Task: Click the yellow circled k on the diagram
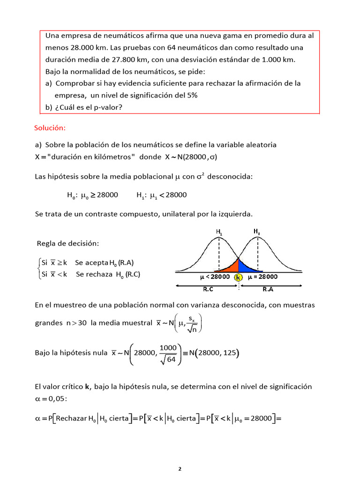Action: (239, 277)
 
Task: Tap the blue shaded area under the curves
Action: (247, 268)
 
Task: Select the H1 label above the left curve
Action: (219, 232)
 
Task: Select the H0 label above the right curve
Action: (257, 231)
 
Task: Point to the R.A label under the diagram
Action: (268, 289)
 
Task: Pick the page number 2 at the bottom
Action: (180, 468)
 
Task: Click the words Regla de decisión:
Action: (68, 243)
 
